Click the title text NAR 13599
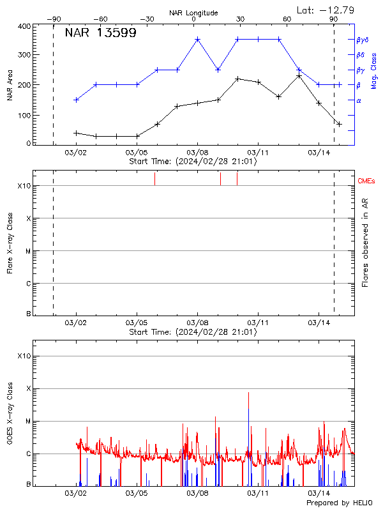pyautogui.click(x=100, y=33)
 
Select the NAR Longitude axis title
pyautogui.click(x=193, y=13)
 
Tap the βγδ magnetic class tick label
pyautogui.click(x=362, y=40)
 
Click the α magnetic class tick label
pyautogui.click(x=359, y=100)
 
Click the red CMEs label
pyautogui.click(x=366, y=181)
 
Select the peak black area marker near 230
pyautogui.click(x=299, y=76)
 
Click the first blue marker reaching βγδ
pyautogui.click(x=197, y=39)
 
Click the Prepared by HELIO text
pyautogui.click(x=341, y=503)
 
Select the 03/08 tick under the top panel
pyautogui.click(x=197, y=153)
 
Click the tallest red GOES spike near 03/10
pyautogui.click(x=248, y=393)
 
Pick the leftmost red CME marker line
pyautogui.click(x=154, y=179)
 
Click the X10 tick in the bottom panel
pyautogui.click(x=24, y=356)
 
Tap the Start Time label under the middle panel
pyautogui.click(x=193, y=332)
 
